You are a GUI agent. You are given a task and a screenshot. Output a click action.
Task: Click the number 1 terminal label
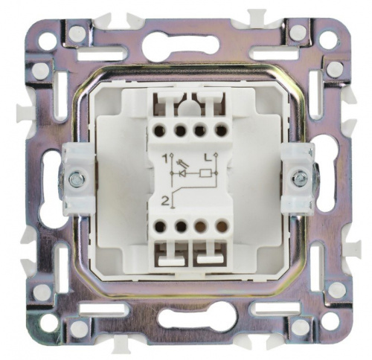click(164, 158)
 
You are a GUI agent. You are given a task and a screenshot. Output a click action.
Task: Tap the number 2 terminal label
click(164, 200)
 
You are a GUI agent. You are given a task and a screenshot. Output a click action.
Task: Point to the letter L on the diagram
click(208, 158)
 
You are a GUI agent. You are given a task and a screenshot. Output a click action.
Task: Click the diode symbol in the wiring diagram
click(183, 173)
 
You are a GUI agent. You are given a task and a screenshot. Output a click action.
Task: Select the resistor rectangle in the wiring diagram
click(205, 173)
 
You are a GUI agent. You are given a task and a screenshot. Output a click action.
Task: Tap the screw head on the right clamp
click(299, 178)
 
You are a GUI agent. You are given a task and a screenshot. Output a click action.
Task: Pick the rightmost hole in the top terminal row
click(221, 130)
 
